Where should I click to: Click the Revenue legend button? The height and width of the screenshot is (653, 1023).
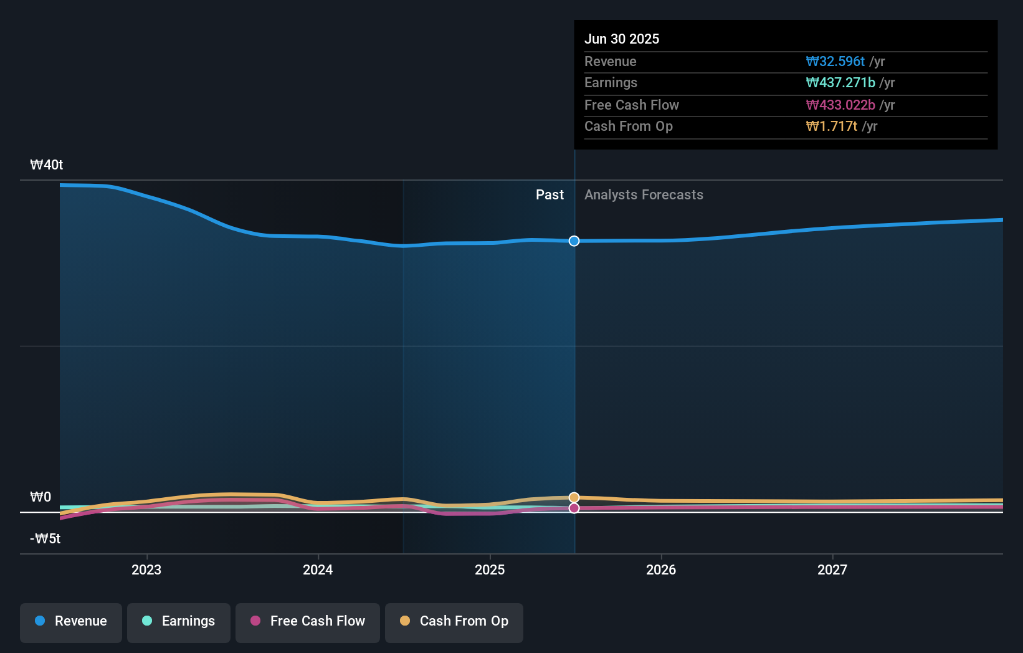71,622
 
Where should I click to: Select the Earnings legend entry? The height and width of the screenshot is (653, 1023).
179,622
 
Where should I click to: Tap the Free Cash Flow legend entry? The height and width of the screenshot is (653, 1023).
308,622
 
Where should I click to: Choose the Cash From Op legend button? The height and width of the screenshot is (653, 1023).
454,622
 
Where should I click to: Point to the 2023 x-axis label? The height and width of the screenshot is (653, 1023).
146,570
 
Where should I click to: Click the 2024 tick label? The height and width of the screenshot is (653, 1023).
318,570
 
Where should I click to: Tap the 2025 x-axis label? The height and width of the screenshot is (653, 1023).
490,570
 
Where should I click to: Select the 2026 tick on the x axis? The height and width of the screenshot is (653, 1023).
661,570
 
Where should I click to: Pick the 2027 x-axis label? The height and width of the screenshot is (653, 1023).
832,570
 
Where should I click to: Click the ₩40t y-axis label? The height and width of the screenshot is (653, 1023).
47,165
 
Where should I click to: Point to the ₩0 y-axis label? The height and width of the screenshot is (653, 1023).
41,497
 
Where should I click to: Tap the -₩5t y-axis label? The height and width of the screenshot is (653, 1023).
45,539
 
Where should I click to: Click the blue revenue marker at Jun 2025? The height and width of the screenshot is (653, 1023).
574,241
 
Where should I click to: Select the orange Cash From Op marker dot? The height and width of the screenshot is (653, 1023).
574,497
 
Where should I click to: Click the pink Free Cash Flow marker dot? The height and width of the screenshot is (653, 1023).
574,508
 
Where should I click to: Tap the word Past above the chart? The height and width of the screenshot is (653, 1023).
550,195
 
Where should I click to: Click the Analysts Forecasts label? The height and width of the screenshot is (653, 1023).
644,195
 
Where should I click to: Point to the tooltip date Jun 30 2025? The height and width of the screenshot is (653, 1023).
622,39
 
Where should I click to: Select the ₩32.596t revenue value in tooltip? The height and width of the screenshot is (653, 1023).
835,62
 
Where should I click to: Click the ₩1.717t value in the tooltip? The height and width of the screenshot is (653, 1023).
831,126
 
